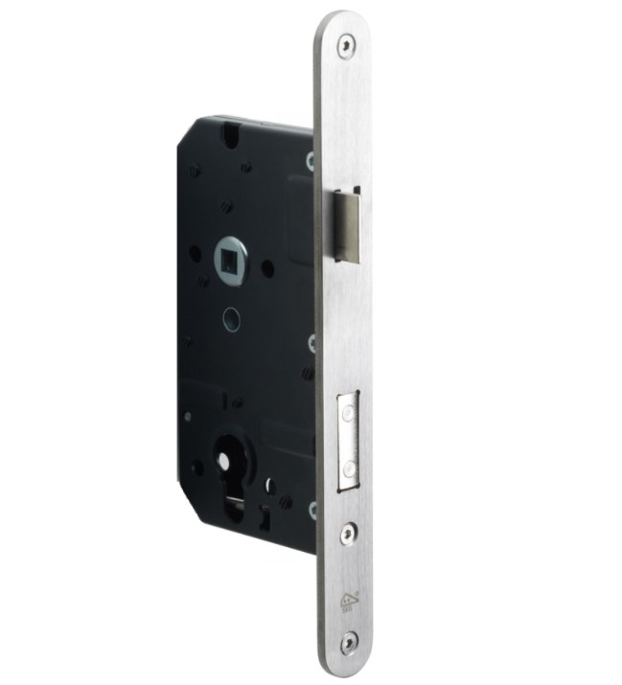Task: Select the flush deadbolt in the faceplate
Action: [x=349, y=440]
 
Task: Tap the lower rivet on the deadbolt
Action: [x=349, y=469]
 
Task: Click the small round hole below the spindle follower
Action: [x=231, y=319]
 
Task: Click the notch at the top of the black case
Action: [x=230, y=133]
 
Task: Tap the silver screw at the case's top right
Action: [x=311, y=161]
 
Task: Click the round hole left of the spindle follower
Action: [x=196, y=254]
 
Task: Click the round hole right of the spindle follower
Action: [x=267, y=268]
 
